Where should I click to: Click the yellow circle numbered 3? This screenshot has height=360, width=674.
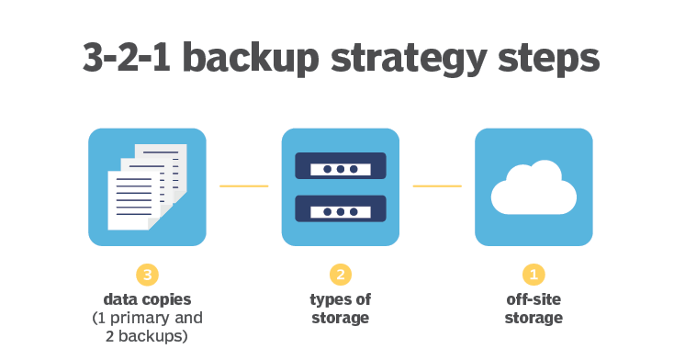[147, 274]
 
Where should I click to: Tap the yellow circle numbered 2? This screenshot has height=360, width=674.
[341, 274]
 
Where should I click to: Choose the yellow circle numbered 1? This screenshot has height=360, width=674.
[534, 274]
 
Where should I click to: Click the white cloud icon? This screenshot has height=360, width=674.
[534, 188]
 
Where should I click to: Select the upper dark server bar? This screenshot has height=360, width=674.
[341, 166]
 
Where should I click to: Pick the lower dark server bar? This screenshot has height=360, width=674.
[341, 208]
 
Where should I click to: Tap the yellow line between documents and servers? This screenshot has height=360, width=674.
[243, 186]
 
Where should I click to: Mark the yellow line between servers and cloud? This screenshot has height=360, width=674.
[437, 186]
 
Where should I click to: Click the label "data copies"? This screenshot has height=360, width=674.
[147, 299]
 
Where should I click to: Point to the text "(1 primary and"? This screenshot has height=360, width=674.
[147, 318]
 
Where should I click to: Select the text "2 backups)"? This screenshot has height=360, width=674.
[147, 336]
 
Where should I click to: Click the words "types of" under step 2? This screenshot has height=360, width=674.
[341, 299]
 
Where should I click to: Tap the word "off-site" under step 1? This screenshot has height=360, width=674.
[534, 299]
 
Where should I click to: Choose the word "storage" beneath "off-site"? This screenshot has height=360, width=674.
[534, 318]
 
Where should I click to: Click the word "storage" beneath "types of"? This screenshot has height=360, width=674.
[341, 318]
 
